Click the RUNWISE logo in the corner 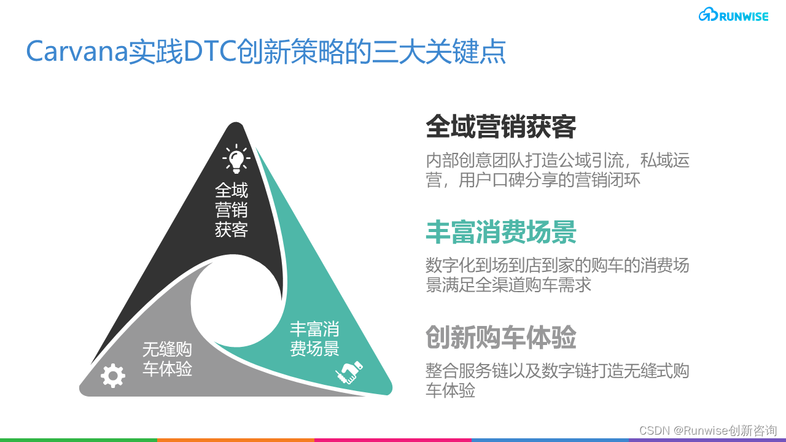point(733,16)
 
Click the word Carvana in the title point(76,53)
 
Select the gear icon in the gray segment point(113,375)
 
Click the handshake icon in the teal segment point(348,372)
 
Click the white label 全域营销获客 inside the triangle point(232,210)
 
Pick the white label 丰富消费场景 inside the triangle point(314,339)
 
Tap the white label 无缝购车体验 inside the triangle point(167,359)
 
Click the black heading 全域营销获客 point(501,128)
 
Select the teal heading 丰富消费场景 point(501,233)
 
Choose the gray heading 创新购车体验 point(501,337)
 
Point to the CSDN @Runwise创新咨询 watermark point(708,430)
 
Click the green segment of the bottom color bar point(79,440)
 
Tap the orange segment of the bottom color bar point(236,440)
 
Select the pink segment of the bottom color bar point(393,440)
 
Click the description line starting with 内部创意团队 point(558,161)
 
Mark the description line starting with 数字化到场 point(558,266)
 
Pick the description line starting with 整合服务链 point(558,371)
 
